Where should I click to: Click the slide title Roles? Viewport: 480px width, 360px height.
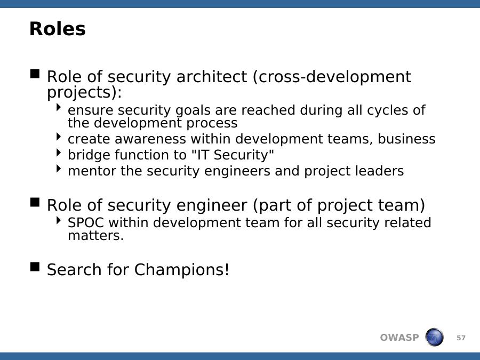click(x=57, y=29)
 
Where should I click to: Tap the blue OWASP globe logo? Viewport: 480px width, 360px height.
click(x=434, y=337)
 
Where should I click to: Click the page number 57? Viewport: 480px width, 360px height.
click(x=461, y=338)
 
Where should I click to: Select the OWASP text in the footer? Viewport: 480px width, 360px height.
click(x=399, y=338)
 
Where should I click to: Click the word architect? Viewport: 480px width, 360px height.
click(x=212, y=76)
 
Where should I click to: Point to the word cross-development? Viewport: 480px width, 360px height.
click(x=332, y=77)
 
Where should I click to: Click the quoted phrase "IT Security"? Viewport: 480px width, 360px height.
click(x=233, y=155)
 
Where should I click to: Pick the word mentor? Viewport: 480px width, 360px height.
click(x=92, y=171)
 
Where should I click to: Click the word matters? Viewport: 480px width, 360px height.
click(x=96, y=236)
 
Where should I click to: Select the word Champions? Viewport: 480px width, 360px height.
click(x=181, y=270)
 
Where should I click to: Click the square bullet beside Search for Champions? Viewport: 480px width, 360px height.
click(x=35, y=267)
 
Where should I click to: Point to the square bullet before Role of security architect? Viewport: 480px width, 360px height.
click(x=35, y=74)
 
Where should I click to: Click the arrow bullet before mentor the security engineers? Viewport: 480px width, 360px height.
click(x=59, y=169)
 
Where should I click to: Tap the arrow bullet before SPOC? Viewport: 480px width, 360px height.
click(x=59, y=220)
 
